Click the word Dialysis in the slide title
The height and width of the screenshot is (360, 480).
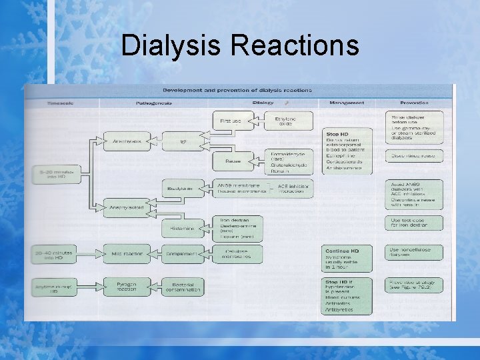click(x=173, y=45)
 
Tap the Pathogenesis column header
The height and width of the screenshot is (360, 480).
click(x=154, y=103)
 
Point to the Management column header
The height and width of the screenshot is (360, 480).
click(x=347, y=103)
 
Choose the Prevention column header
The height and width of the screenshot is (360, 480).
click(x=414, y=103)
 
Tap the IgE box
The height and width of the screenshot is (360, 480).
click(x=183, y=141)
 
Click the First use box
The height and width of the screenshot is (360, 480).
click(x=231, y=121)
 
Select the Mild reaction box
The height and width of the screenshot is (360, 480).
click(x=123, y=254)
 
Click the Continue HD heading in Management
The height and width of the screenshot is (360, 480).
click(x=341, y=251)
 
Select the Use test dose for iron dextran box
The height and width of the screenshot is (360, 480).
click(x=414, y=223)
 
